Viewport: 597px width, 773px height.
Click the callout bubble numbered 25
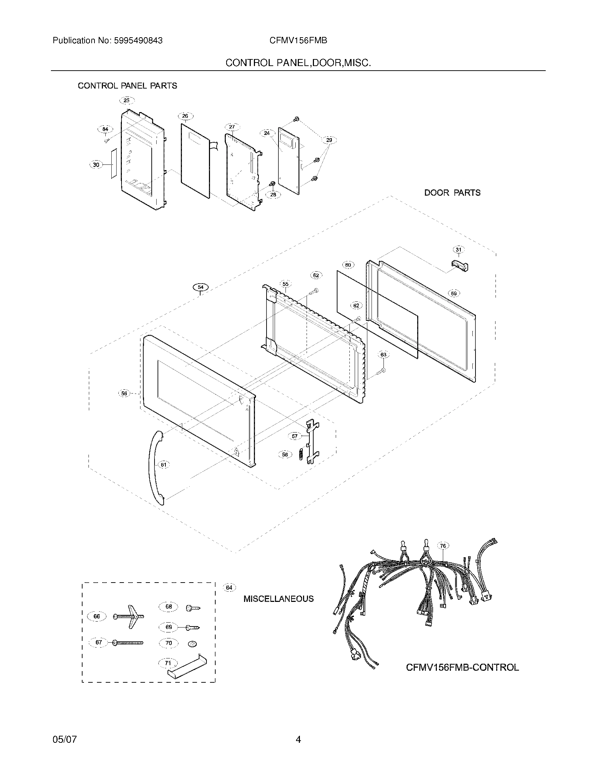coord(127,100)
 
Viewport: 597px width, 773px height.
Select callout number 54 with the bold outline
coord(201,287)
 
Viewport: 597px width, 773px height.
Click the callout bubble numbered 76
coord(443,546)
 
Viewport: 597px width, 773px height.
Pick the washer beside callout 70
coord(192,643)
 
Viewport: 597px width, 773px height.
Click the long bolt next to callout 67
coord(128,643)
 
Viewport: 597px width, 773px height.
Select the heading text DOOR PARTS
coord(452,193)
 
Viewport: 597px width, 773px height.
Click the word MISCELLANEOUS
coord(278,599)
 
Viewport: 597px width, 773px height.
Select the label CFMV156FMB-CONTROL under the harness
coord(462,668)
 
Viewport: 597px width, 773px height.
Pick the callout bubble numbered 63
coord(383,355)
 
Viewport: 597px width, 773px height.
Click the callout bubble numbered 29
coord(329,140)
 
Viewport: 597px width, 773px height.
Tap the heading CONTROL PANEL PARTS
coord(127,86)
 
